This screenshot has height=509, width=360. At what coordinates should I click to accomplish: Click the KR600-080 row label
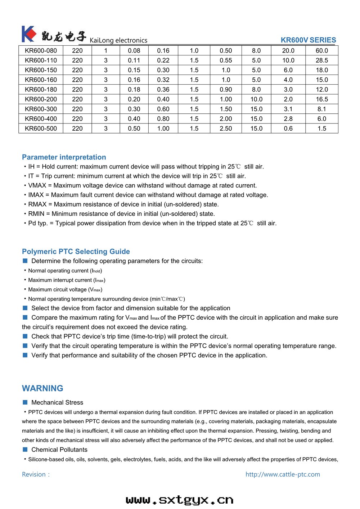(41, 51)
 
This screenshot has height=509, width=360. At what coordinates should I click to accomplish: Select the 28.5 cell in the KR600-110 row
(321, 60)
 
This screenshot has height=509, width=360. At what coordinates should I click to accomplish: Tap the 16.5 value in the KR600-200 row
(321, 99)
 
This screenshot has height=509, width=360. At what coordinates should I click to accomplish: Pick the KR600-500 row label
(41, 129)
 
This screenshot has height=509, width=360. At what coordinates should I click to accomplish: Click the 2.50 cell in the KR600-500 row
(226, 129)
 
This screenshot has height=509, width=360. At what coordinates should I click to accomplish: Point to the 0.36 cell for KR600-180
(163, 90)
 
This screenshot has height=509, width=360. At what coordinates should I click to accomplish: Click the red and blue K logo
(29, 34)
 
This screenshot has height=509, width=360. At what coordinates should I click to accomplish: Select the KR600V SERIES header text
(308, 40)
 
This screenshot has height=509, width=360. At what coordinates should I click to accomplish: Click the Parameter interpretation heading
(64, 157)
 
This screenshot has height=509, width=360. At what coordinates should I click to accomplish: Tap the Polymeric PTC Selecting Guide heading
(76, 252)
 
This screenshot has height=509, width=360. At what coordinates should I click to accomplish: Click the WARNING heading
(42, 388)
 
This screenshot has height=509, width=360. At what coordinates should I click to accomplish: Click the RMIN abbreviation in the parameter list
(36, 214)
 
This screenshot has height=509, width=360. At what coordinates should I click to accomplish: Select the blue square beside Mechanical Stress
(25, 402)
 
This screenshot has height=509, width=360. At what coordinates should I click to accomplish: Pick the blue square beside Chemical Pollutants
(25, 450)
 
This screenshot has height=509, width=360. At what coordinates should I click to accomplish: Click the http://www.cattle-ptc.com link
(283, 474)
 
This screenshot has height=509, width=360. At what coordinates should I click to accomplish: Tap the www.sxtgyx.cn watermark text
(180, 500)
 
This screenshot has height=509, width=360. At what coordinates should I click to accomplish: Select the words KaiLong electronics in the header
(118, 40)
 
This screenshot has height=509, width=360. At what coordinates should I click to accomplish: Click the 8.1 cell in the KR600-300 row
(321, 109)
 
